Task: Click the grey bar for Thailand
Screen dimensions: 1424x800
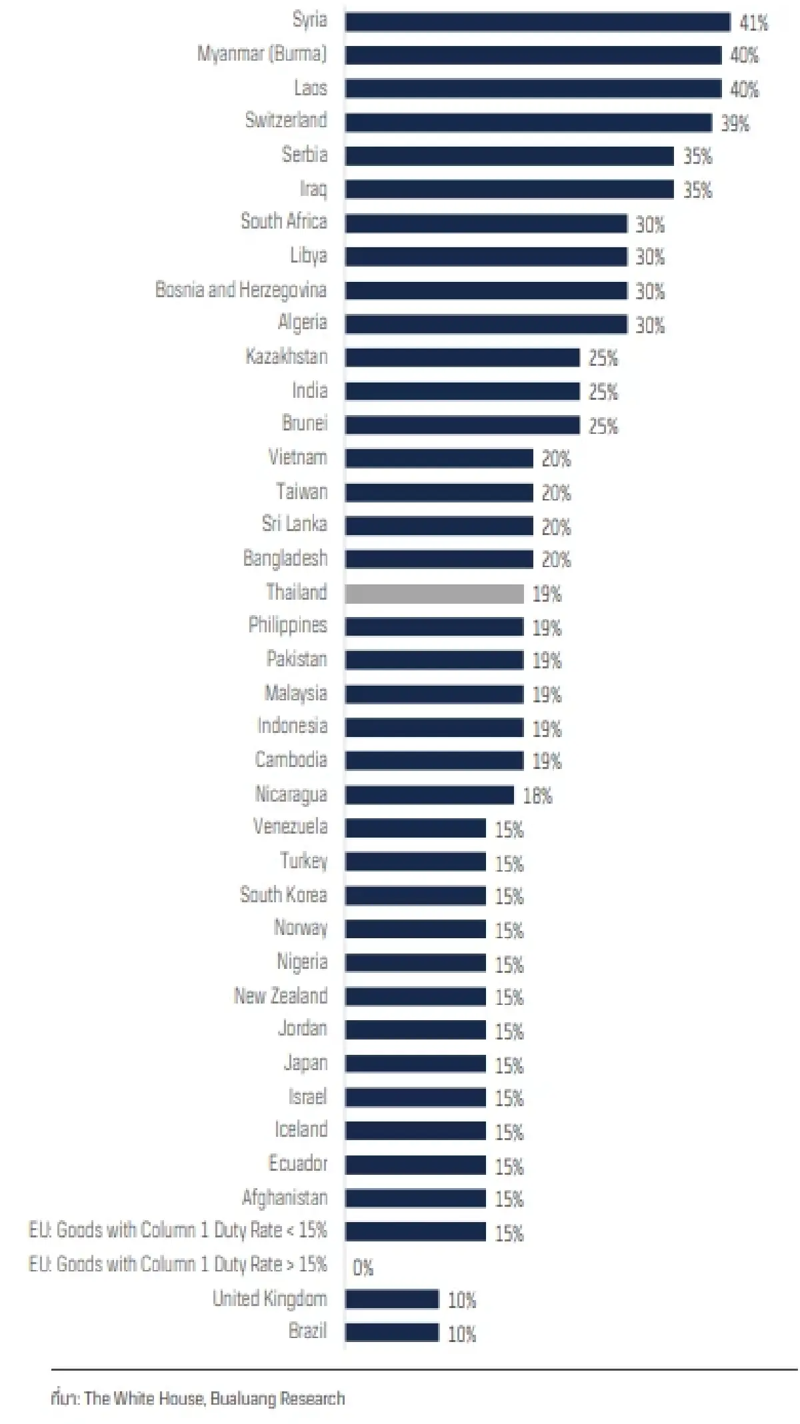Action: [434, 594]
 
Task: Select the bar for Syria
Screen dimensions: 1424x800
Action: [537, 22]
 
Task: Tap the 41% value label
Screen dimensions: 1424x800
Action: [753, 23]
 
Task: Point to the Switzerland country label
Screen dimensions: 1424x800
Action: [286, 121]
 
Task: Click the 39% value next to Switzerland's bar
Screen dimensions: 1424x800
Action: [735, 123]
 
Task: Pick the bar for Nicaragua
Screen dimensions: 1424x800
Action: [429, 795]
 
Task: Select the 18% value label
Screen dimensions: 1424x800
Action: [537, 796]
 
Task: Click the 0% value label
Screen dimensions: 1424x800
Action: [363, 1267]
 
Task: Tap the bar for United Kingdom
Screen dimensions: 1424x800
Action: [392, 1299]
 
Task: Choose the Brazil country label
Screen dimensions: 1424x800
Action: [307, 1331]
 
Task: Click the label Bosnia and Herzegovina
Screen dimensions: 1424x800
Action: [241, 290]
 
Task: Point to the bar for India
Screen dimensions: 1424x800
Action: [462, 391]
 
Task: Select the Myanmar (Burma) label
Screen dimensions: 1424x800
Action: [262, 54]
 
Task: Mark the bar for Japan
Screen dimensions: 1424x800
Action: [415, 1064]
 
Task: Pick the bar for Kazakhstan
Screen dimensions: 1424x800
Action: [462, 358]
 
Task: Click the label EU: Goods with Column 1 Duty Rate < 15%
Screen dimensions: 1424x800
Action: [178, 1230]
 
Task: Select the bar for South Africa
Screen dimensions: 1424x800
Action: [486, 223]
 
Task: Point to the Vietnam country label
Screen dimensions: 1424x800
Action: [297, 458]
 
